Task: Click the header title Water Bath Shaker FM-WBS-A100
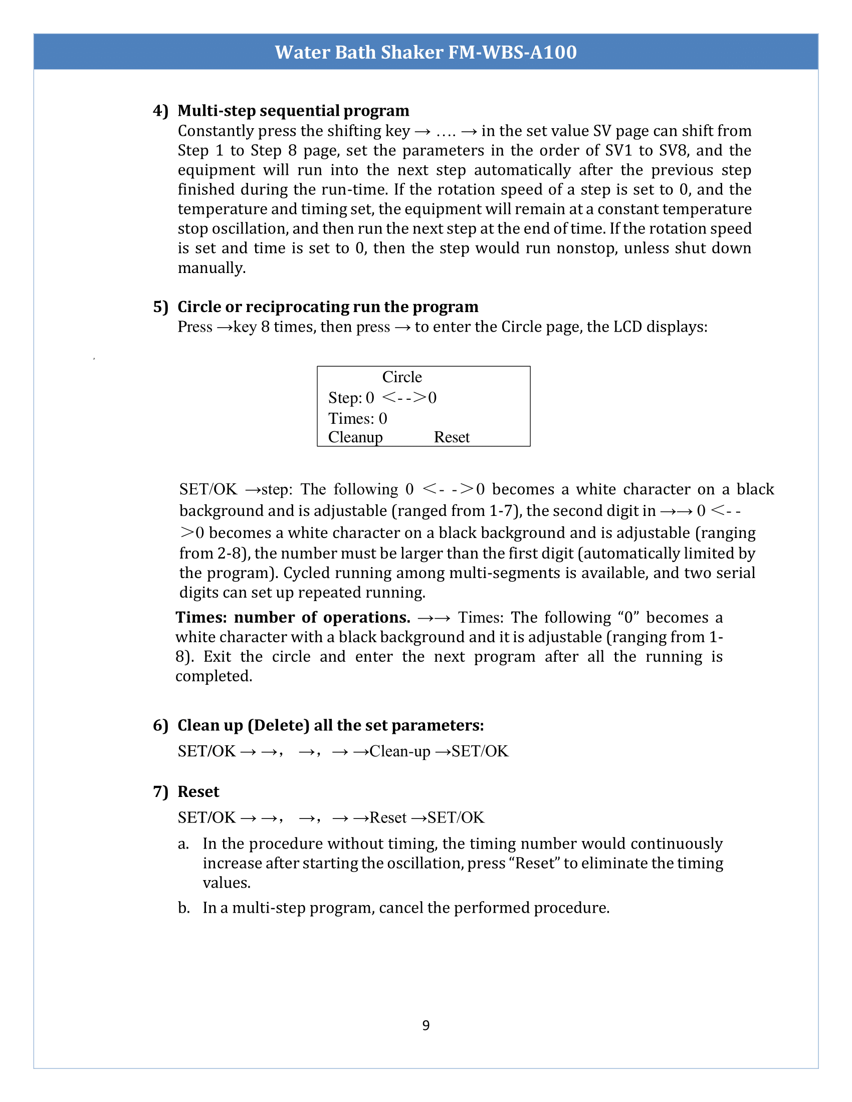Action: [x=425, y=52]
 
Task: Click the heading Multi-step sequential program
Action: [x=293, y=111]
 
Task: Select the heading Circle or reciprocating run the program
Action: [x=328, y=307]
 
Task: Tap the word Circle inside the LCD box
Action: [x=402, y=377]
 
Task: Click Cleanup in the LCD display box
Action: [x=355, y=437]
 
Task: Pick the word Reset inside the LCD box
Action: [x=451, y=437]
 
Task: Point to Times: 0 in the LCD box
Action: [x=357, y=418]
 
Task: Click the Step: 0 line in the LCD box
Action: [x=382, y=398]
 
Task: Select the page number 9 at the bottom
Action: [x=426, y=1025]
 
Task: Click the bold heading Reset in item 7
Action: [x=198, y=791]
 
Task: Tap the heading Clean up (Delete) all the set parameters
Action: [x=330, y=725]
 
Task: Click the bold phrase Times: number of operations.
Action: [x=293, y=618]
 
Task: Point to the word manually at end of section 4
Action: [x=211, y=268]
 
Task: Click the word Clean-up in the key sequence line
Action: [x=400, y=751]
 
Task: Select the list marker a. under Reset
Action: [x=183, y=844]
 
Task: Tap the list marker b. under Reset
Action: [x=183, y=908]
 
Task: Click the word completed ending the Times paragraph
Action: [x=214, y=676]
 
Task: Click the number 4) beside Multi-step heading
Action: [x=160, y=111]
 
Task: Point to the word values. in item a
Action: [x=227, y=883]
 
